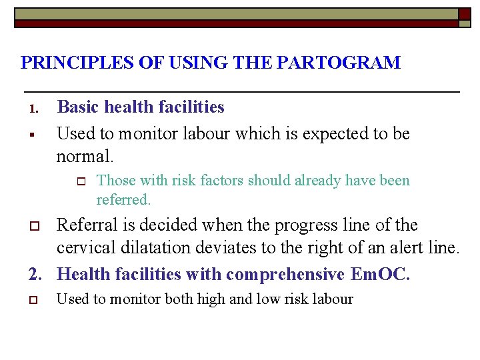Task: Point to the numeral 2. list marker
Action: (38, 275)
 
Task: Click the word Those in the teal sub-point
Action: (116, 181)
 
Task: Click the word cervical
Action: (84, 249)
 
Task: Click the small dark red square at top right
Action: (464, 13)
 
